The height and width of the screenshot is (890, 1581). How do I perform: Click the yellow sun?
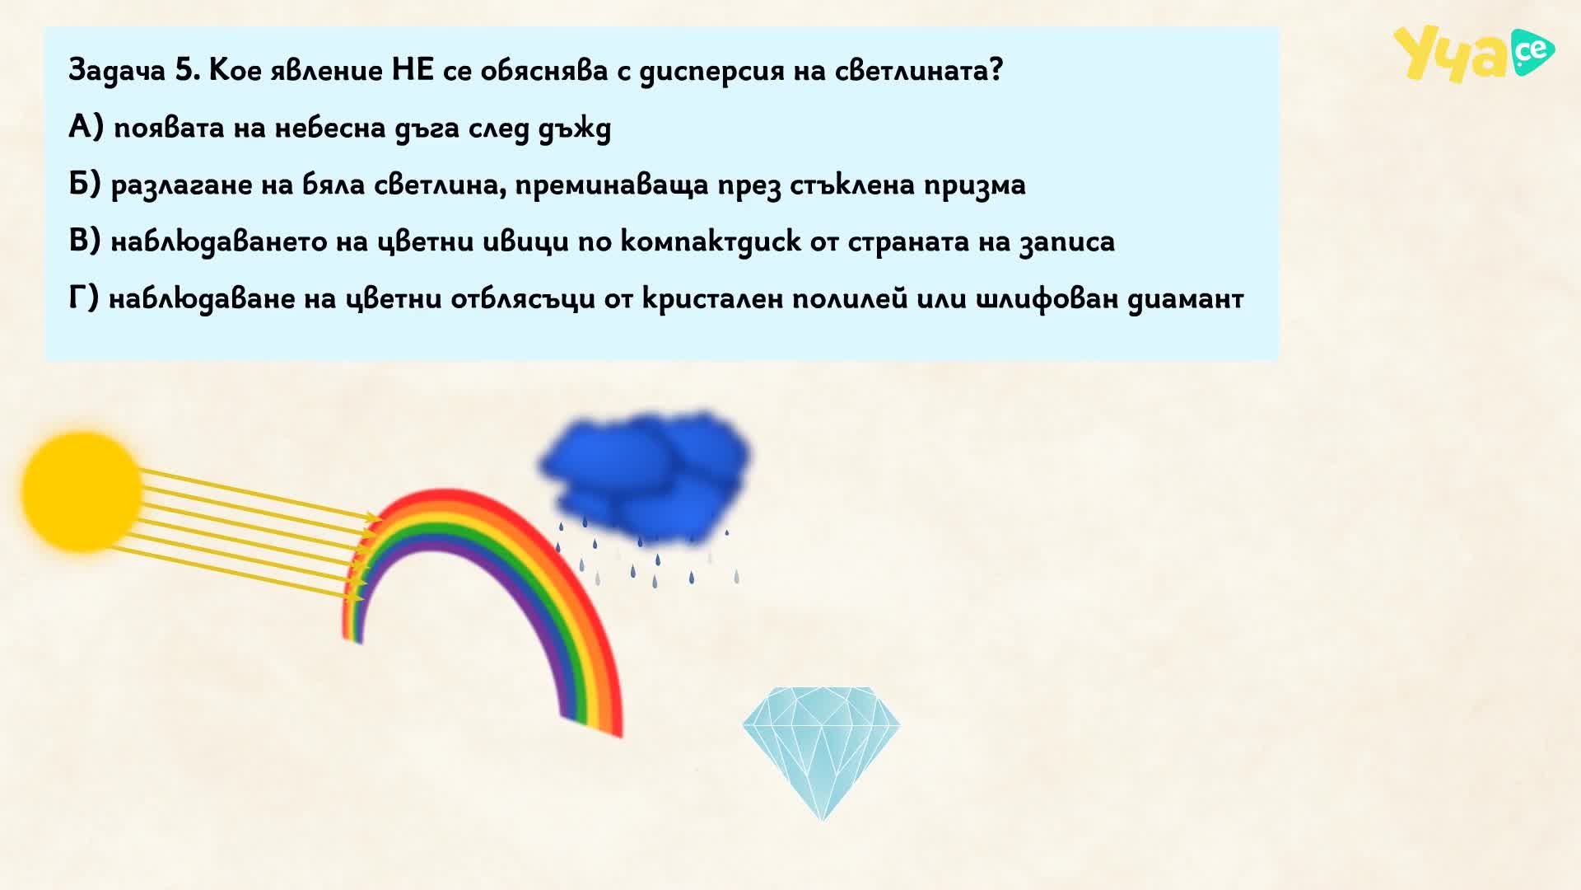click(x=82, y=491)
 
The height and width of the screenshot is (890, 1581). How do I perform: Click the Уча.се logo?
click(x=1473, y=54)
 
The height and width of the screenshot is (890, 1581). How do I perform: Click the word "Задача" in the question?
click(x=118, y=72)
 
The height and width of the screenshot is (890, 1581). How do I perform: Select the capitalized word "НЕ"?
click(x=413, y=70)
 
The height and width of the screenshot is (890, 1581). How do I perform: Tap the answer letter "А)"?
click(x=86, y=128)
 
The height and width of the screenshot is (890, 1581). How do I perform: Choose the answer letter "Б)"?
click(x=86, y=185)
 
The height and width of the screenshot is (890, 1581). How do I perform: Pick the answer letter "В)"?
click(x=86, y=241)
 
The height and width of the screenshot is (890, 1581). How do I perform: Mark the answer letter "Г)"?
click(x=84, y=298)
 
